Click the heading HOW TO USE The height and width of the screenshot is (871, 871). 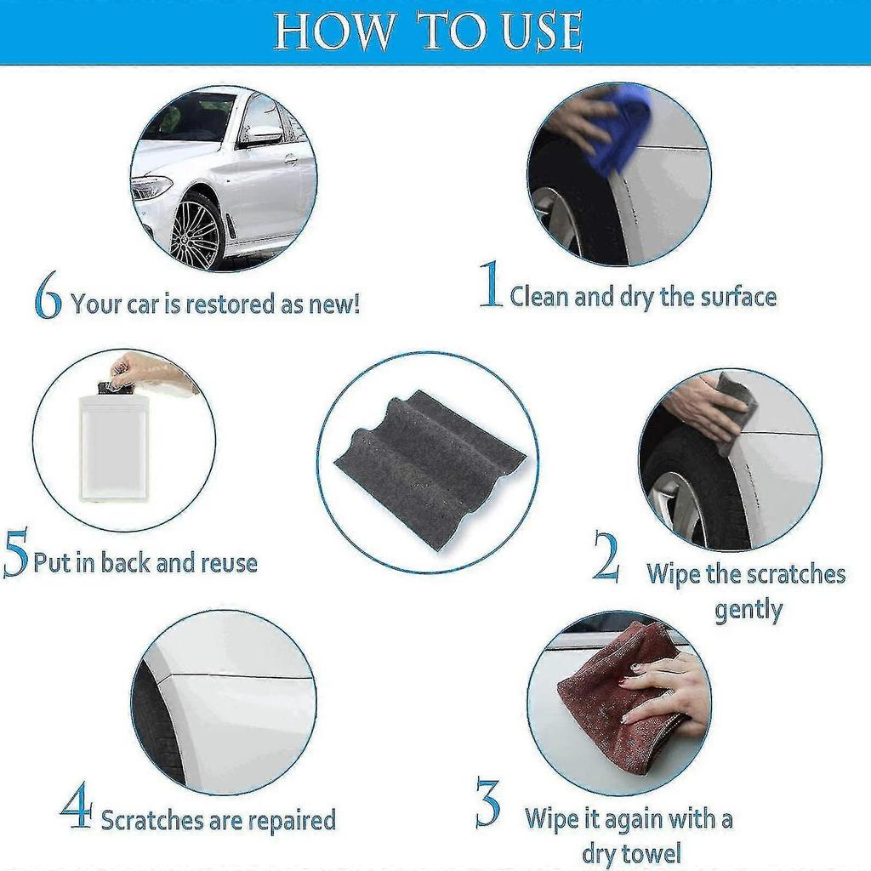coord(428,32)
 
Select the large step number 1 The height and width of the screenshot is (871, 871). coord(491,286)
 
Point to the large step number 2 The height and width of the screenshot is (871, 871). coord(606,556)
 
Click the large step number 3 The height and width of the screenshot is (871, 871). coord(487,803)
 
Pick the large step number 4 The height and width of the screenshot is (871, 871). coord(77,808)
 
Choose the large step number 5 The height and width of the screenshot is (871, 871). coord(15,553)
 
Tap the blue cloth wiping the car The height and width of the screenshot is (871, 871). coord(625,128)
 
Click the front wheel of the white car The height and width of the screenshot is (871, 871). coord(196,231)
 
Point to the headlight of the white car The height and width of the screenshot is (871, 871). coord(151,186)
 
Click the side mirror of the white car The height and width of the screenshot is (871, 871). coord(260,135)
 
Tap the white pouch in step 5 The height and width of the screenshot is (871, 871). coord(113,447)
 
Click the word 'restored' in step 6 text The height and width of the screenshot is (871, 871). coord(231,305)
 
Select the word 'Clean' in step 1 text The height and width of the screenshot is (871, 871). coord(539,297)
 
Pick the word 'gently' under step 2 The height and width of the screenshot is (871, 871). coord(749,611)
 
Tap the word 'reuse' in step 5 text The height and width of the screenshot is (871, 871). coord(228,563)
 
